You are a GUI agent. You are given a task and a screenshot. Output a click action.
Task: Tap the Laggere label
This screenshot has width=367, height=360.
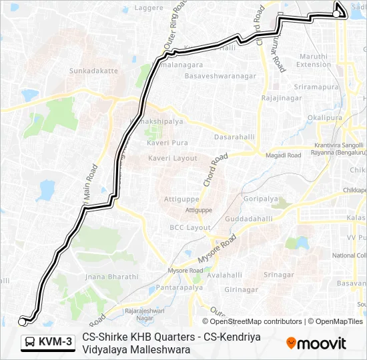(149, 8)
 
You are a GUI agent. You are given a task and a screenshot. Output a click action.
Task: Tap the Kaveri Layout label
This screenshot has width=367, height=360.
(173, 158)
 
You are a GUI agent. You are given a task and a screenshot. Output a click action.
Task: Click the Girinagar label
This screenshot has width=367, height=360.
(242, 289)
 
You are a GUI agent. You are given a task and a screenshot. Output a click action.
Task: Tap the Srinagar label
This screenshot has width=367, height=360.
(279, 275)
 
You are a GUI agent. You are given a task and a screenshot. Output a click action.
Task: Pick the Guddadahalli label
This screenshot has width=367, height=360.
(249, 219)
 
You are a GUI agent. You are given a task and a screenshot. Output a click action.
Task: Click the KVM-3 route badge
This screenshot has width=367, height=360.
(48, 343)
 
